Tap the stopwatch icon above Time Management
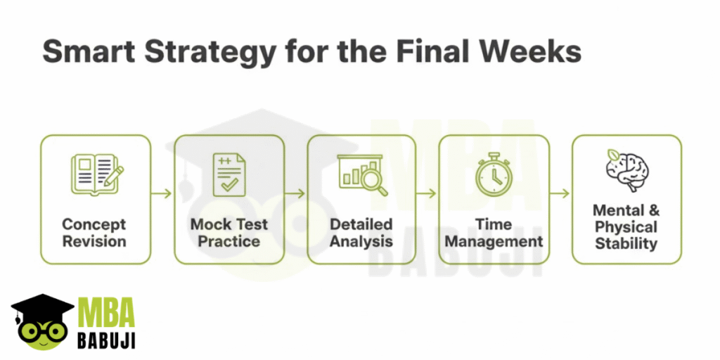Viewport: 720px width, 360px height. [x=494, y=174]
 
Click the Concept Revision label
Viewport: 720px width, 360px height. [x=94, y=233]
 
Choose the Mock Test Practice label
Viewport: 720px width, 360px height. [x=229, y=233]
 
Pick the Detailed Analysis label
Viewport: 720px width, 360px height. [x=361, y=233]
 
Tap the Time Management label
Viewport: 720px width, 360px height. [x=494, y=233]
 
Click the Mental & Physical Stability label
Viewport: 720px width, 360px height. [x=626, y=227]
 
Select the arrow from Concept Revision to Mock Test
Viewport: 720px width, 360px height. [x=162, y=194]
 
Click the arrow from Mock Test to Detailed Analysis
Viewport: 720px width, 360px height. [x=295, y=194]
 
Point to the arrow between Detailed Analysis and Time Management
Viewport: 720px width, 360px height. [x=426, y=194]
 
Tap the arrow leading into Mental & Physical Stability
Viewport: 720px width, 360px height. [x=559, y=194]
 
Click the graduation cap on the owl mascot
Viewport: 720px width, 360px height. [x=42, y=305]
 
